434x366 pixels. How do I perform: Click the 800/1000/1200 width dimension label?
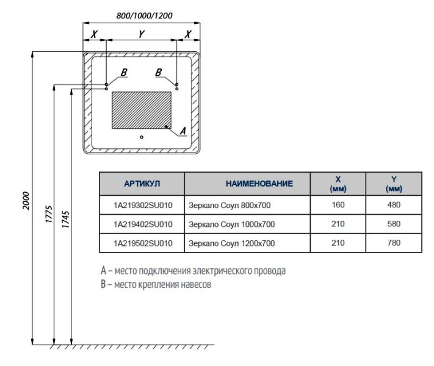click(142, 16)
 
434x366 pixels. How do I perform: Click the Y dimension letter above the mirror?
click(141, 34)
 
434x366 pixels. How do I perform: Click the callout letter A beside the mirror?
click(182, 131)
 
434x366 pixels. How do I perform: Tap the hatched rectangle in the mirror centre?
click(141, 110)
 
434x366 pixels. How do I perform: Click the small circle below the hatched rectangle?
click(142, 137)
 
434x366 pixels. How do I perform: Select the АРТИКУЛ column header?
click(142, 183)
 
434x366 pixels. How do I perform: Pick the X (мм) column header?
click(338, 184)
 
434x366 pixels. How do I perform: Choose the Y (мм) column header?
click(394, 184)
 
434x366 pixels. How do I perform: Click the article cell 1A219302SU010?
click(143, 206)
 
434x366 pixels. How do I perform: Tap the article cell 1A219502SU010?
click(143, 243)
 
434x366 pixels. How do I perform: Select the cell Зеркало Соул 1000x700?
click(232, 224)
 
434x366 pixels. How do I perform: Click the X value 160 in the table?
click(338, 206)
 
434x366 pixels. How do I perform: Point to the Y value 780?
click(394, 243)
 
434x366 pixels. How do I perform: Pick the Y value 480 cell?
click(394, 206)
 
